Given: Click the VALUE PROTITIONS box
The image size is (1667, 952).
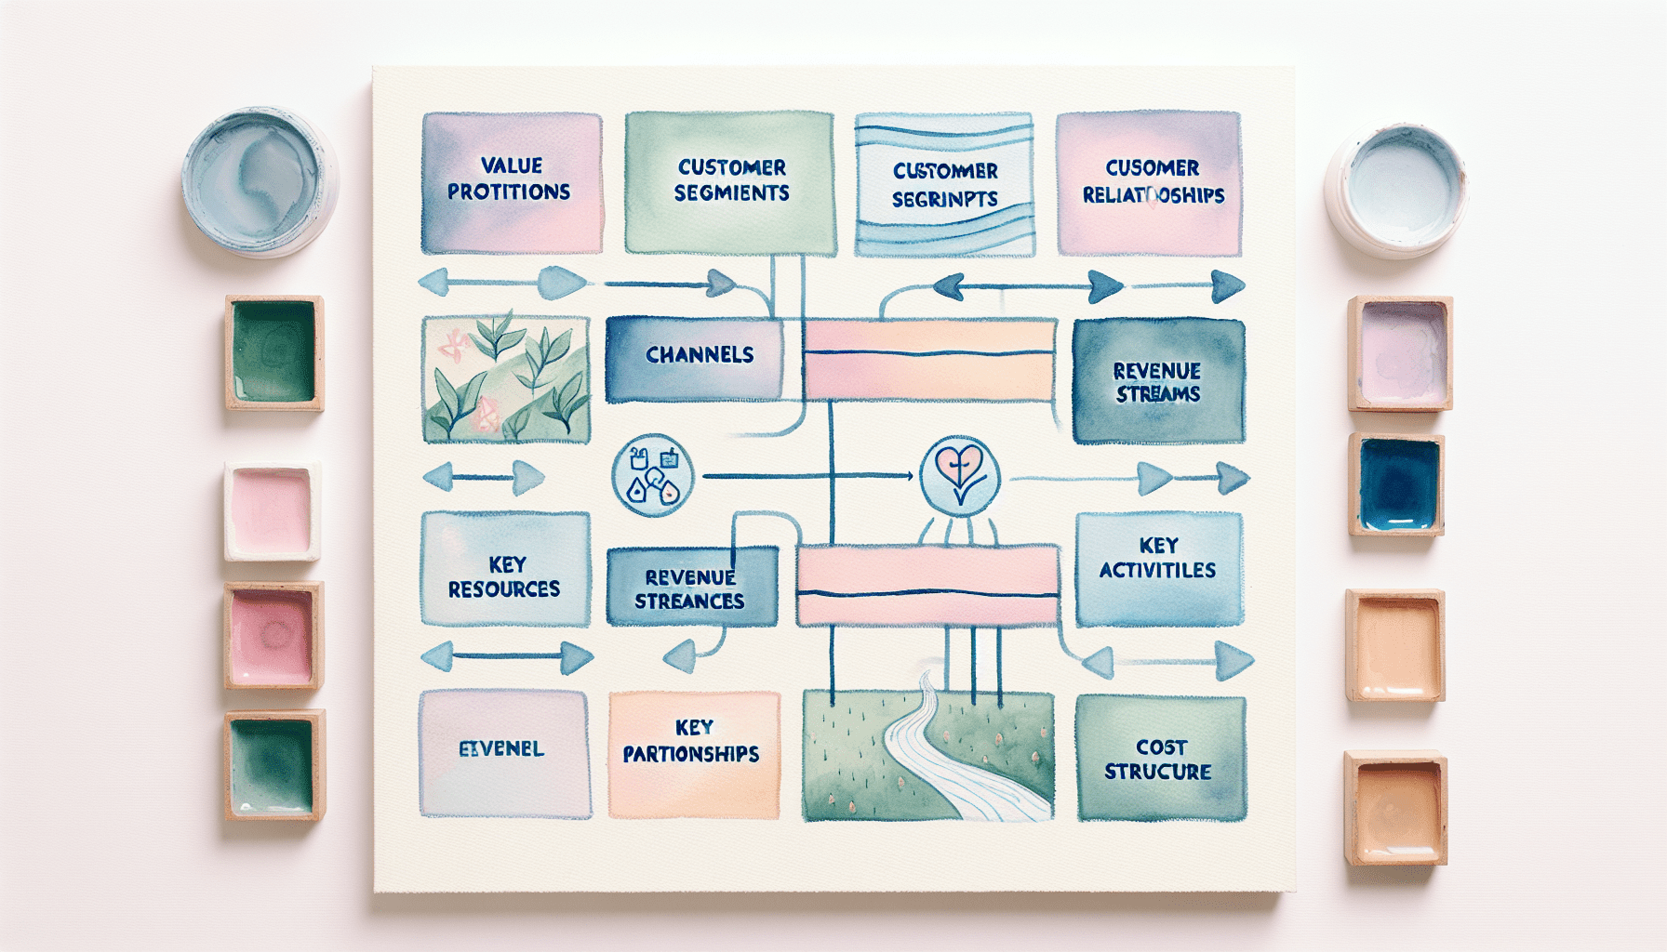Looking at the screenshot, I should [512, 182].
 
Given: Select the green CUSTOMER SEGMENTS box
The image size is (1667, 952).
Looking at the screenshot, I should [730, 182].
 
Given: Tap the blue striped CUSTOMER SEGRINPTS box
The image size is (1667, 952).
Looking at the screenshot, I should [944, 185].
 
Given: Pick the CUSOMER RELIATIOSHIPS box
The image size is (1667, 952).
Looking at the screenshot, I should [1150, 183].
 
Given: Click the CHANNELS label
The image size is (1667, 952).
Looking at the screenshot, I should [699, 355].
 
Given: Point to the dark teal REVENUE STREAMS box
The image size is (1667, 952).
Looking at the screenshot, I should [1158, 381].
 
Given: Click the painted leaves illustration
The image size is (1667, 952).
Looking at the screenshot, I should [505, 379].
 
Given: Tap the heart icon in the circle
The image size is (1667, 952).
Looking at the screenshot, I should [959, 474].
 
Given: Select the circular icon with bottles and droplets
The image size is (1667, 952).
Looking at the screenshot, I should [653, 476].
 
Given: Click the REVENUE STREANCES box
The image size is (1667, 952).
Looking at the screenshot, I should [691, 588].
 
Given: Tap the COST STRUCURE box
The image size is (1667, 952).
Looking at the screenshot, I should [1160, 759].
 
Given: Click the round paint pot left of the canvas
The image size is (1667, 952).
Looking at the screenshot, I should [260, 180].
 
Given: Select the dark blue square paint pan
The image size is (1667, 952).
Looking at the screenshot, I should [1397, 484].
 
